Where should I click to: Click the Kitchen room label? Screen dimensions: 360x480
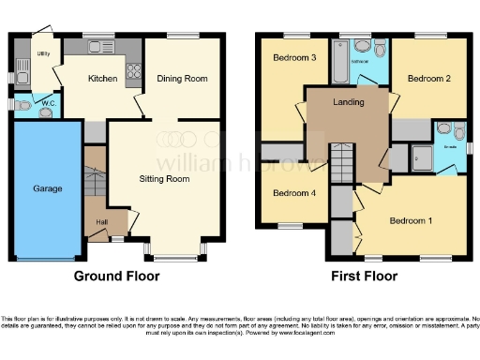(x=102, y=79)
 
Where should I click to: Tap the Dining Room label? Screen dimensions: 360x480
(x=181, y=79)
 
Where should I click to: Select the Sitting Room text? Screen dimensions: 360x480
(x=165, y=177)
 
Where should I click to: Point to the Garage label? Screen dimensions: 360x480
(x=47, y=188)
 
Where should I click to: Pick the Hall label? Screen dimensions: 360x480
(x=99, y=222)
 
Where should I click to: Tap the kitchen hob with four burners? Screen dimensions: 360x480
(x=133, y=67)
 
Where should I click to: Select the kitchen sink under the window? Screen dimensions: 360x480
(x=98, y=46)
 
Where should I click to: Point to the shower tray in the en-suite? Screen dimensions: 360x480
(x=421, y=158)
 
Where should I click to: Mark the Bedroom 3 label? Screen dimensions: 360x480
(x=293, y=58)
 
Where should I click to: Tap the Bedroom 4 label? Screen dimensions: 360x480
(x=293, y=193)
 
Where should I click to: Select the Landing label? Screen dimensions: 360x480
(x=347, y=102)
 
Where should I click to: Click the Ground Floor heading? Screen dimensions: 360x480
(x=117, y=276)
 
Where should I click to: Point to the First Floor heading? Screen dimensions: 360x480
(x=365, y=276)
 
